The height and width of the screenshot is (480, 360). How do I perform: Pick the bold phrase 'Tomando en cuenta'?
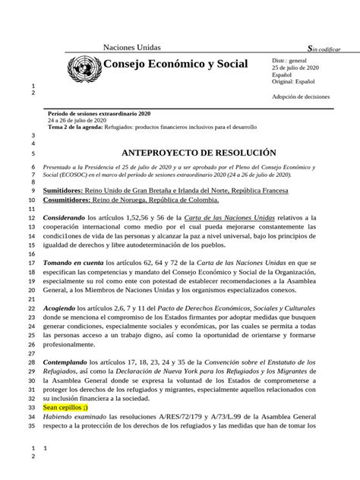point(77,261)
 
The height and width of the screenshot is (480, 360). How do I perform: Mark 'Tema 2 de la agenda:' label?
point(77,126)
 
